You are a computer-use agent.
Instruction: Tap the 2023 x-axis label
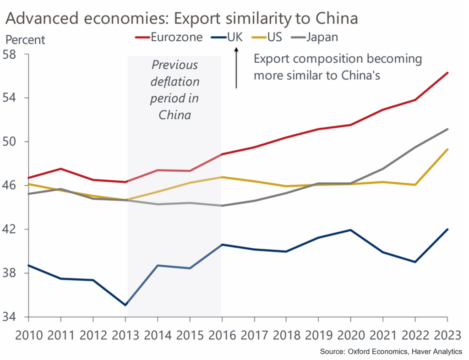[447, 335]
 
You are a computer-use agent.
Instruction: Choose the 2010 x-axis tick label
[28, 335]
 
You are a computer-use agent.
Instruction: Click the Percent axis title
[25, 40]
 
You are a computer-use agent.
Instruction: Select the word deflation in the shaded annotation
[175, 82]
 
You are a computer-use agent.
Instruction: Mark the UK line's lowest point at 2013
[125, 305]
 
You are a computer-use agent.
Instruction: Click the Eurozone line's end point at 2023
[447, 73]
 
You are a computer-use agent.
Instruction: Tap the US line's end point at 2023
[447, 149]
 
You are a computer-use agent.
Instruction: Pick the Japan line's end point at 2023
[447, 129]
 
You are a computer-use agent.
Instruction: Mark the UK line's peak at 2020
[351, 230]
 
